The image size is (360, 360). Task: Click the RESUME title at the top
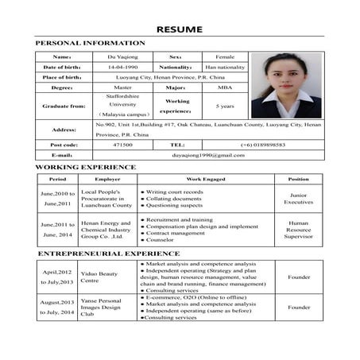point(180,29)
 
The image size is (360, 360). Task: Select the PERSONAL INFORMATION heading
point(91,43)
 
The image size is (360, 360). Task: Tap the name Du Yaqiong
point(122,57)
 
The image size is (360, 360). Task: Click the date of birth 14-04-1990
point(122,68)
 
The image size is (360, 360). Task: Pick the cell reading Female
point(225,57)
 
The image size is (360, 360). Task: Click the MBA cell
point(225,88)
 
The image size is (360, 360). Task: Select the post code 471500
point(122,145)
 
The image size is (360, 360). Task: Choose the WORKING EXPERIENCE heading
point(86,168)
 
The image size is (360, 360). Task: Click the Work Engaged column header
point(205,180)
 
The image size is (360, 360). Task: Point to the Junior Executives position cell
point(299,199)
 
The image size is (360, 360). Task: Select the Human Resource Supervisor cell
point(299,230)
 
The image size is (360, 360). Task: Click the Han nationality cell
point(225,68)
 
